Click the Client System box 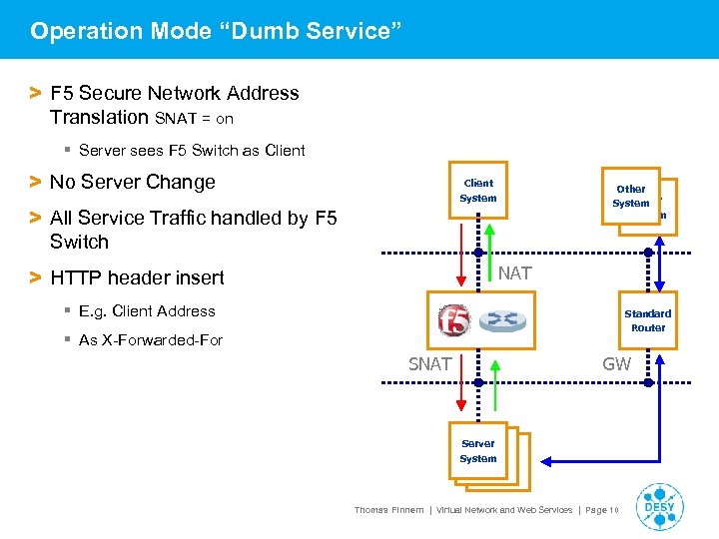478,191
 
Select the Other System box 630,196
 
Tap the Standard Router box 647,320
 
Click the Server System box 478,451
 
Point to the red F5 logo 454,320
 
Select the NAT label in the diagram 514,272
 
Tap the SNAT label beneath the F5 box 430,364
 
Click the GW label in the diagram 616,364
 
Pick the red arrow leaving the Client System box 460,254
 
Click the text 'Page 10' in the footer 601,510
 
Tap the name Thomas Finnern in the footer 387,510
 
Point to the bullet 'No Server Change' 132,182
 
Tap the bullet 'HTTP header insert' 137,277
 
